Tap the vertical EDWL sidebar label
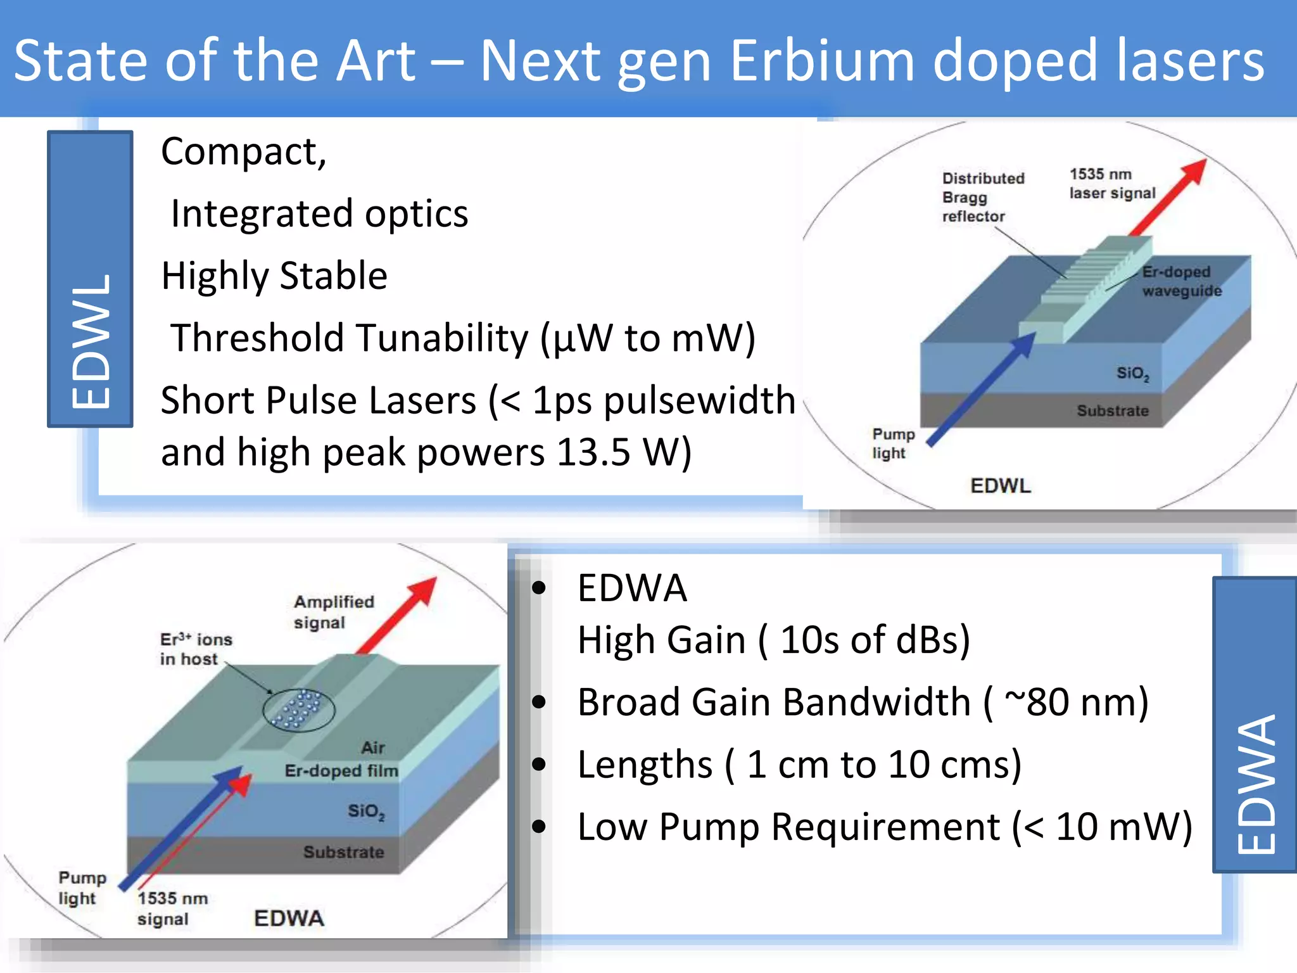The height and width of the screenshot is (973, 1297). pyautogui.click(x=91, y=342)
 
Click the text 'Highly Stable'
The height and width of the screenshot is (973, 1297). pyautogui.click(x=274, y=276)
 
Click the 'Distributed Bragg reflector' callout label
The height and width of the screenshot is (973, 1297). pyautogui.click(x=982, y=197)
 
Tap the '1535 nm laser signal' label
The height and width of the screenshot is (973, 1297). pyautogui.click(x=1111, y=184)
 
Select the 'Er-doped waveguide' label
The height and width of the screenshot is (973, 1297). pyautogui.click(x=1180, y=281)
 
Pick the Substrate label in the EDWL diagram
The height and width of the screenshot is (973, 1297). pyautogui.click(x=1112, y=411)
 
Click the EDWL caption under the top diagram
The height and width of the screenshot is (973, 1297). pyautogui.click(x=1000, y=486)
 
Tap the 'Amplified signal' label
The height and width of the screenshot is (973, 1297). pyautogui.click(x=333, y=611)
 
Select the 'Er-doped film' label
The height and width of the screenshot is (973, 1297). pyautogui.click(x=341, y=771)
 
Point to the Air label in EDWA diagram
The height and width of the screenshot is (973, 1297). pyautogui.click(x=373, y=747)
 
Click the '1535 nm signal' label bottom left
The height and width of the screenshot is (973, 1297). pyautogui.click(x=172, y=908)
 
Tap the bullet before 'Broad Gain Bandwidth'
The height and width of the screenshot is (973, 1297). pyautogui.click(x=539, y=702)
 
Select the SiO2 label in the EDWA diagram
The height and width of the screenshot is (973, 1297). pyautogui.click(x=365, y=811)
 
